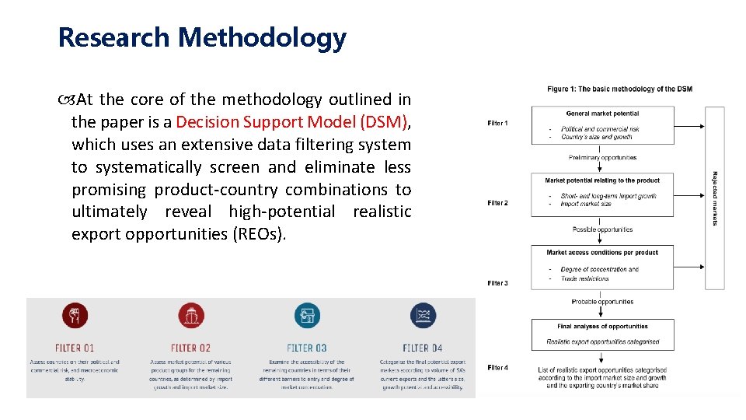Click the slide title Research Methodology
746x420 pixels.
click(202, 37)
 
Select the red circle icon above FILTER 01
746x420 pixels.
click(75, 316)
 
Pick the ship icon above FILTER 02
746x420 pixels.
click(190, 316)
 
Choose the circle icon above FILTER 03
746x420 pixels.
click(307, 316)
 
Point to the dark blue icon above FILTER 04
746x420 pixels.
click(423, 316)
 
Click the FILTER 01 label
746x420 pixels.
click(75, 348)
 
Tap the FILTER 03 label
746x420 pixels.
click(307, 348)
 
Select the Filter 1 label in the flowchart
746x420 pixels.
click(498, 123)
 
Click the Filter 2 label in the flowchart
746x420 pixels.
click(498, 203)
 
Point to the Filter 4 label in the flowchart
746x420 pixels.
click(498, 367)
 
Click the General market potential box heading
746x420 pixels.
click(602, 114)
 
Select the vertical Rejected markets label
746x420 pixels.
click(715, 198)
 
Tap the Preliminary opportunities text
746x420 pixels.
click(602, 158)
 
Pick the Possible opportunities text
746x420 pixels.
click(602, 229)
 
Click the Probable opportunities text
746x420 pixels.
click(602, 302)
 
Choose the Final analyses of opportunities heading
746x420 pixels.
click(602, 327)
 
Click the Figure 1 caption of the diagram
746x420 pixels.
click(619, 89)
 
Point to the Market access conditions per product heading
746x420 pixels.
click(602, 253)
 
